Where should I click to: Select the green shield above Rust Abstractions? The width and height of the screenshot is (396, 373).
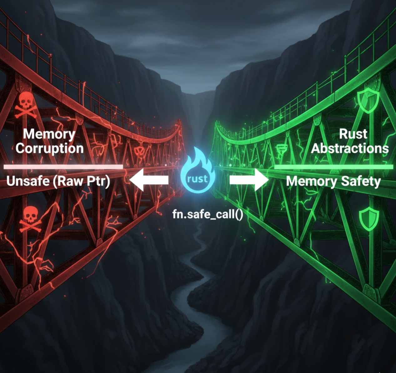coord(368,100)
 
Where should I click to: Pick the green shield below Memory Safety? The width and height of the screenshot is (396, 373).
coord(369,219)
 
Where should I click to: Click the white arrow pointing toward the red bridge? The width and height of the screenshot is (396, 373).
coord(149,180)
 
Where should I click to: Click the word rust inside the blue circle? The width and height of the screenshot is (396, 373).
coord(198,179)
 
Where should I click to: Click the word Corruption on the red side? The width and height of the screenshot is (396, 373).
coord(49,148)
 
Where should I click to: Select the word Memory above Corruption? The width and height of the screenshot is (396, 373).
coord(49,134)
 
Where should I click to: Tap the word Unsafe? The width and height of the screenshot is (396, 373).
coord(28,181)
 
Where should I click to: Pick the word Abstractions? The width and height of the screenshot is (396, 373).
coord(349,148)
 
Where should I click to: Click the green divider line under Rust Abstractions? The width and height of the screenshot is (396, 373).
coord(333,167)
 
